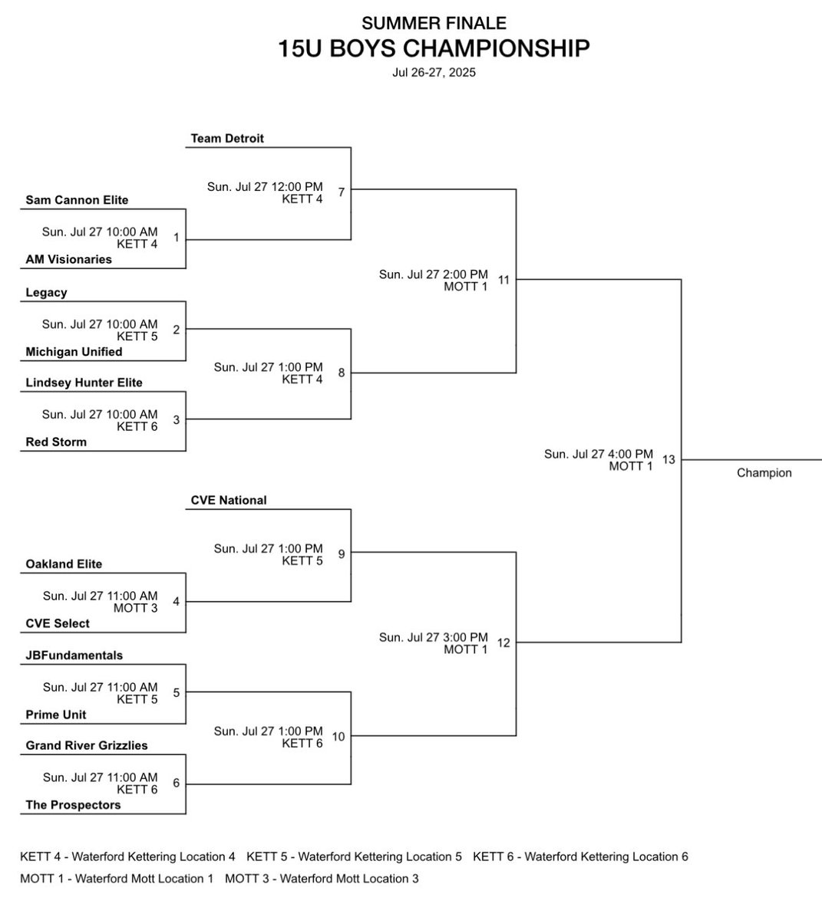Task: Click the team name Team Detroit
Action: coord(227,139)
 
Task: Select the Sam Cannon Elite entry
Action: coord(77,200)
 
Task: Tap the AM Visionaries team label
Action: coord(68,260)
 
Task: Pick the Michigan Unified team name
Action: coord(74,352)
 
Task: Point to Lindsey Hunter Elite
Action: coord(84,383)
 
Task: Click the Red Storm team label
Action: coord(56,442)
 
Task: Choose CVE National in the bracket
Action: coord(229,501)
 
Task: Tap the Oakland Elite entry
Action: coord(64,564)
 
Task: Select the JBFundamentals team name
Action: coord(74,655)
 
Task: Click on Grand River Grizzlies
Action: coord(87,745)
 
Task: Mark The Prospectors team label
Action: coord(73,805)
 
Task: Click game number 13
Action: coord(668,460)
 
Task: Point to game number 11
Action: coord(503,281)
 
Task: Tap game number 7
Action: coord(342,192)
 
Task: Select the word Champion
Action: coord(764,473)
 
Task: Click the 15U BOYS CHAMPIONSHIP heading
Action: coord(434,49)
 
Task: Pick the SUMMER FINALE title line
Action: coord(434,24)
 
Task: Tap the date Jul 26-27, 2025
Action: coord(434,73)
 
